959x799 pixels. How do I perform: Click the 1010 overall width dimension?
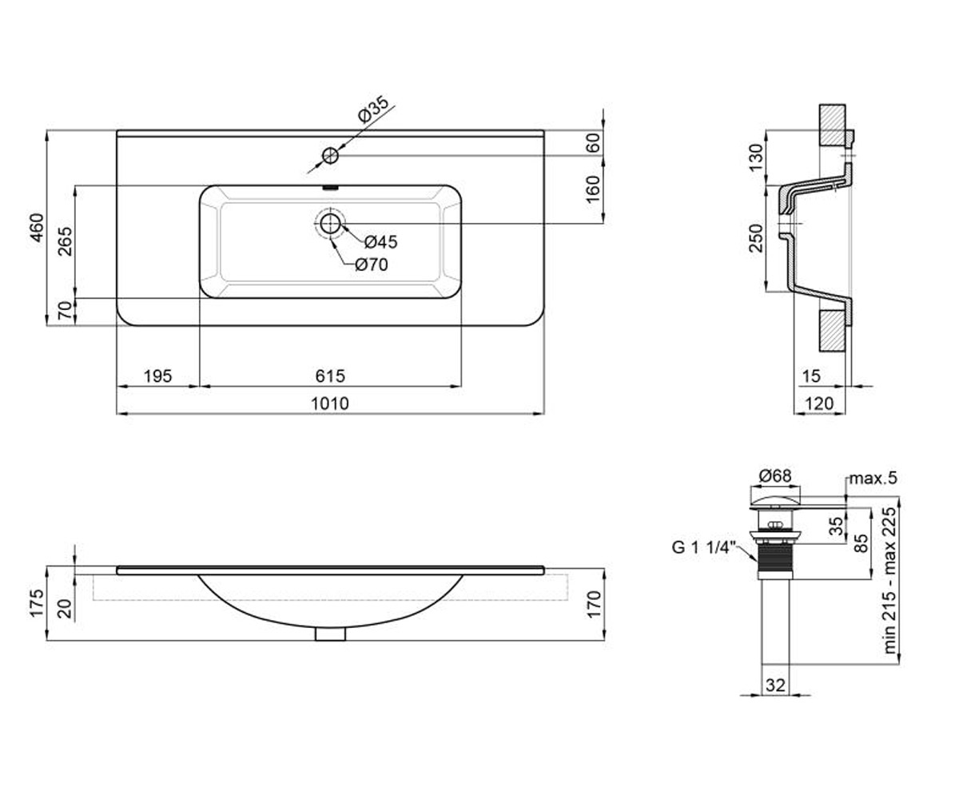point(330,403)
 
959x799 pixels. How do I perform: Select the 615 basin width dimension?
point(330,376)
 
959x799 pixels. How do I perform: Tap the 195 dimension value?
point(157,376)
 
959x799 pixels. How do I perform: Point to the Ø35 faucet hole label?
point(373,109)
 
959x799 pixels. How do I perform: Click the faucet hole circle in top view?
point(330,156)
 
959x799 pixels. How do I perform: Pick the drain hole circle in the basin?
point(330,224)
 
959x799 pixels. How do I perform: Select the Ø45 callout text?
point(380,242)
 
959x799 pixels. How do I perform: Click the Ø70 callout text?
point(371,264)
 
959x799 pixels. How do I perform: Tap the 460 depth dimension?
point(37,228)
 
